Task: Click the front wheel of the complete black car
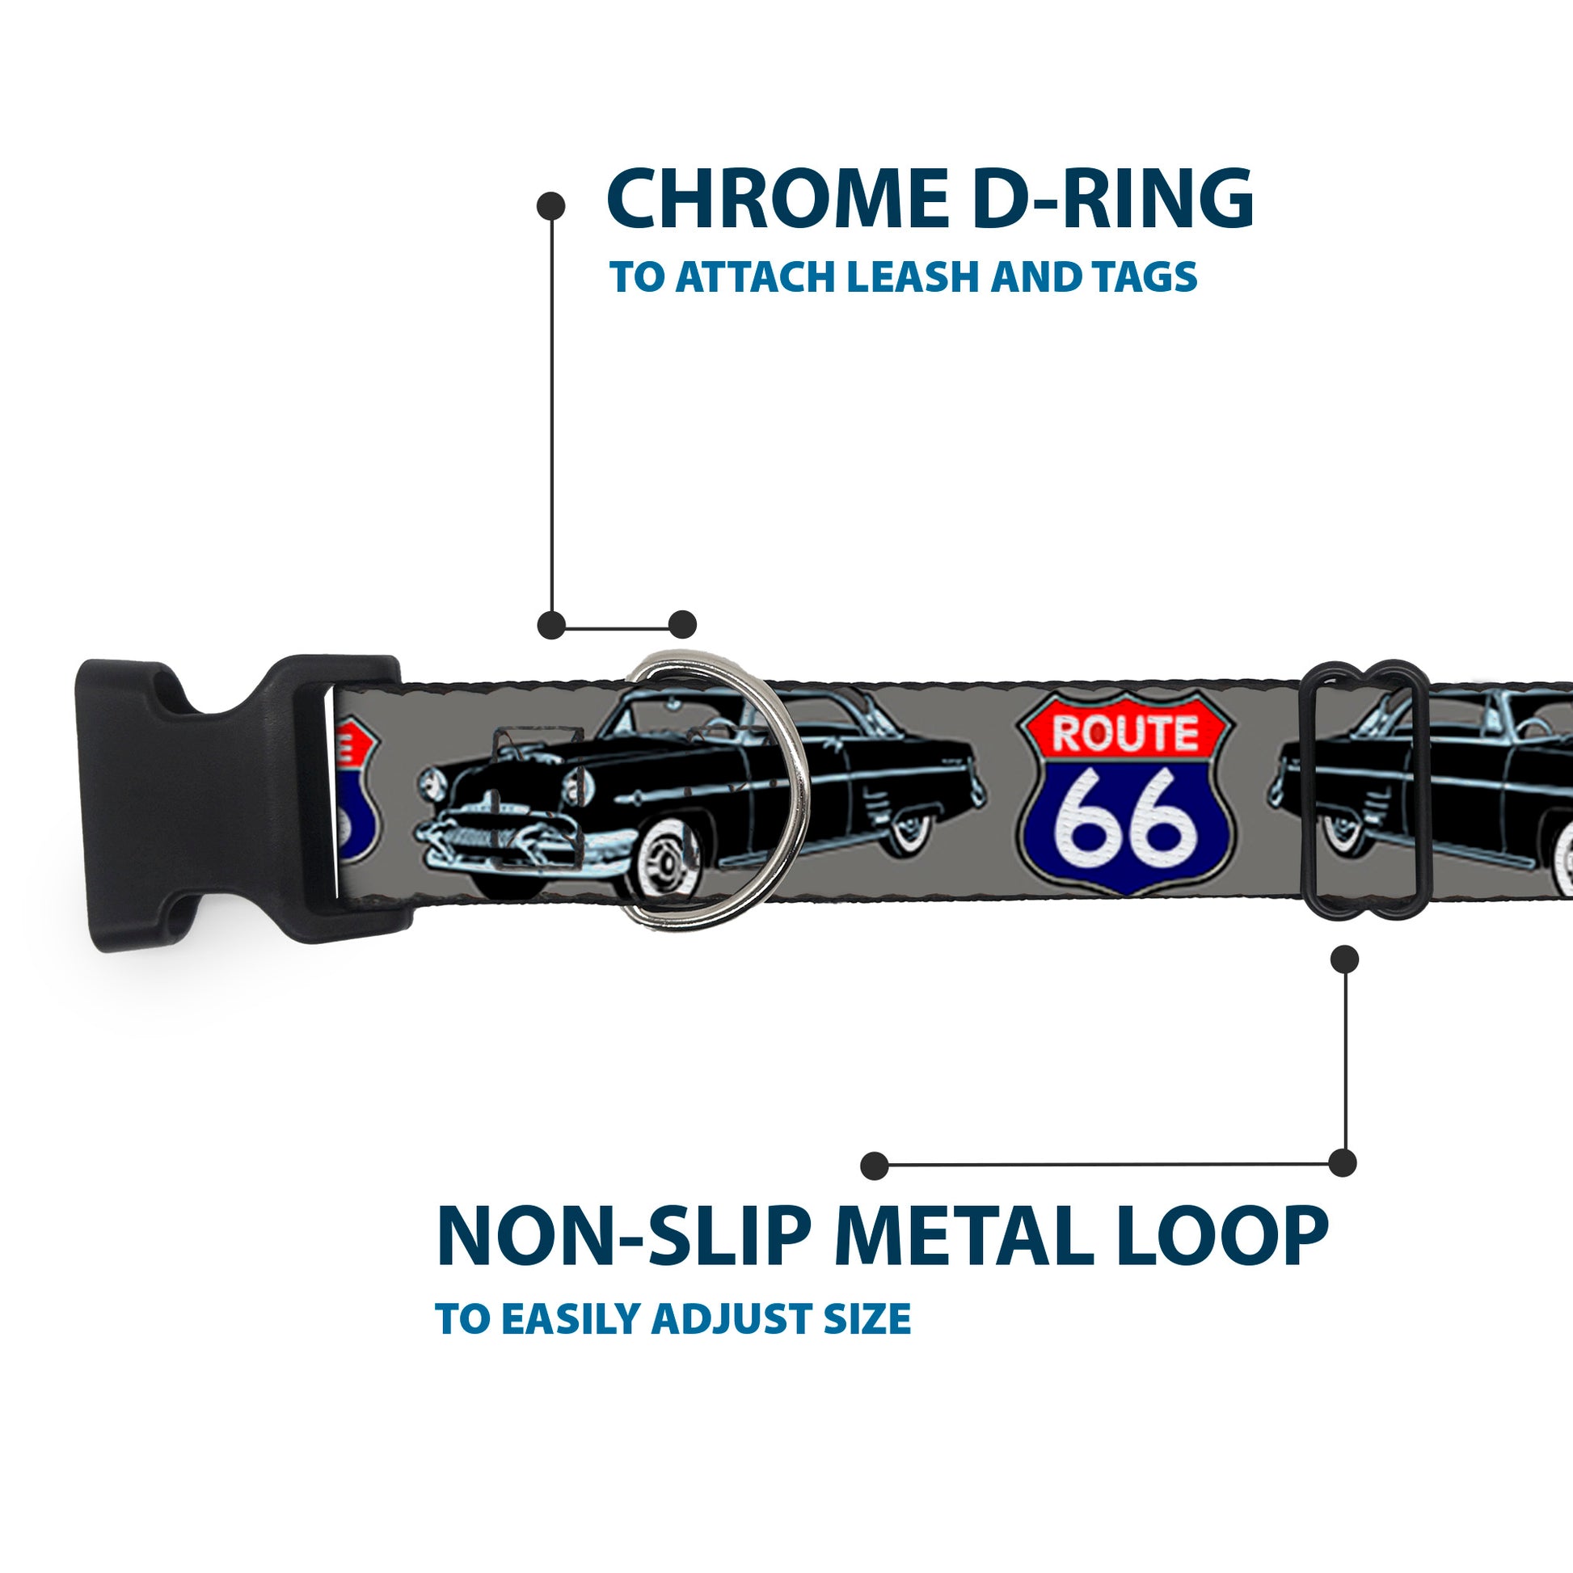click(x=668, y=860)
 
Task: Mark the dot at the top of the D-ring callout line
click(x=551, y=206)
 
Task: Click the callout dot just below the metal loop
click(x=1344, y=959)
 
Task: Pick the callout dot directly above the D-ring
click(x=682, y=626)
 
